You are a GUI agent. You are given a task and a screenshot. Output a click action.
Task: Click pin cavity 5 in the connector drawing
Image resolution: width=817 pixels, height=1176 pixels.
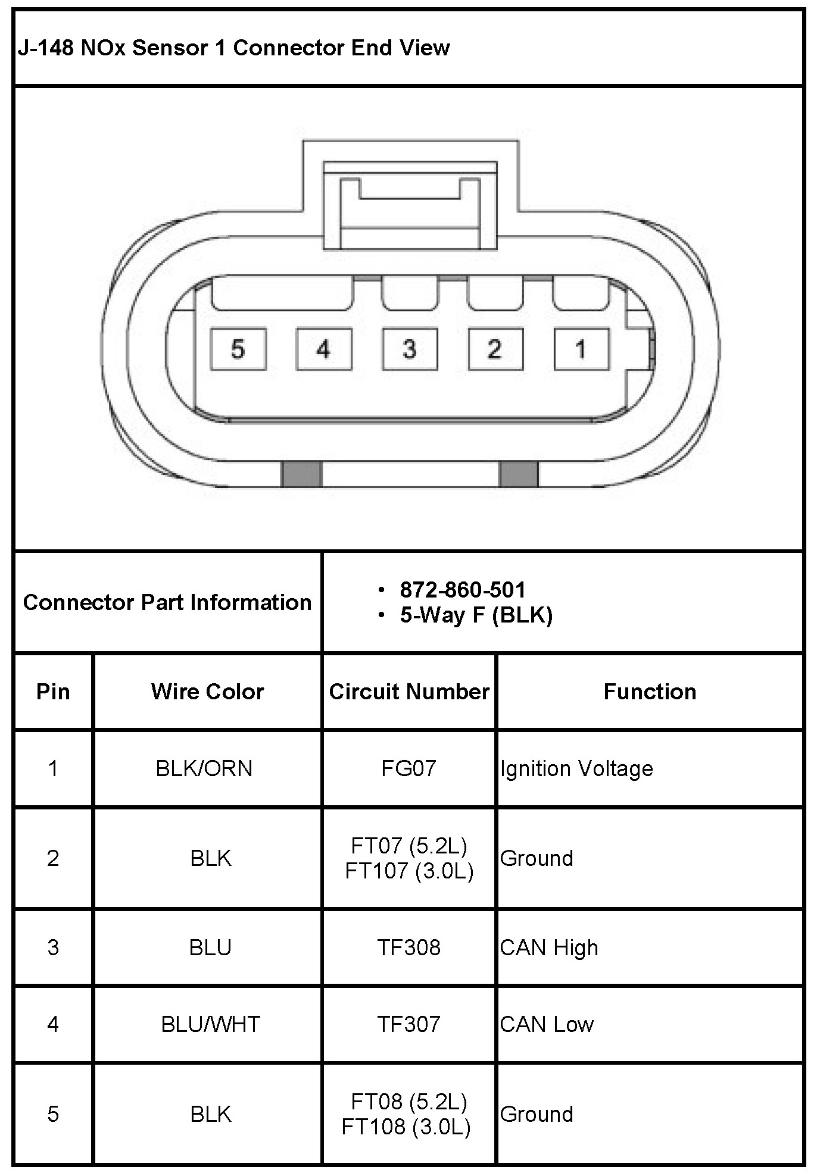pyautogui.click(x=238, y=349)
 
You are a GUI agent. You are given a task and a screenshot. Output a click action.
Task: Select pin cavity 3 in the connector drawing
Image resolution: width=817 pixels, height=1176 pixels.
pyautogui.click(x=410, y=349)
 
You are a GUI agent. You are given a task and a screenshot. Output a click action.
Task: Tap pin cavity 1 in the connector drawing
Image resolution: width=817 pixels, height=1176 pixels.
pyautogui.click(x=581, y=349)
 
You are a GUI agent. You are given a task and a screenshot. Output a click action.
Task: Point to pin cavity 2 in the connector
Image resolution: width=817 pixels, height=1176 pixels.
pyautogui.click(x=495, y=349)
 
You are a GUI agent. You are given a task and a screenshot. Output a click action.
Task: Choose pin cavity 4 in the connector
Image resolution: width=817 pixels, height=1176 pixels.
pyautogui.click(x=324, y=349)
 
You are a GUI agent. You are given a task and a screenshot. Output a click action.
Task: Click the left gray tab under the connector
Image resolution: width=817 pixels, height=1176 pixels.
pyautogui.click(x=301, y=474)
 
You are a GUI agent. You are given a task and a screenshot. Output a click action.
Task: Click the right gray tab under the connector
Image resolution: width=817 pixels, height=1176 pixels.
pyautogui.click(x=518, y=474)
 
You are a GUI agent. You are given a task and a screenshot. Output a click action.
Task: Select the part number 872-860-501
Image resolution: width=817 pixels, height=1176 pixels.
pyautogui.click(x=463, y=590)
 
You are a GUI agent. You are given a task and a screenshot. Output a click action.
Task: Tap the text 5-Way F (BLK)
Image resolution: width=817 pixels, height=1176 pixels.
pyautogui.click(x=476, y=615)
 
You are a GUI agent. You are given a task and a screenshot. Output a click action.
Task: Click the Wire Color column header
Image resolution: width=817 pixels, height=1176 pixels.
pyautogui.click(x=207, y=692)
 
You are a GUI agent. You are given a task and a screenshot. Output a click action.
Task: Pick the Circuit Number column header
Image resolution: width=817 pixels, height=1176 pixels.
pyautogui.click(x=409, y=692)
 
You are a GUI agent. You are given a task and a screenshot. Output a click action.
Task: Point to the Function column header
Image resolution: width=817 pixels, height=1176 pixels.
pyautogui.click(x=650, y=692)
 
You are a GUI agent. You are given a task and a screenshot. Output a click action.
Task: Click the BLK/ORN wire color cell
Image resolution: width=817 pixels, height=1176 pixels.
pyautogui.click(x=204, y=768)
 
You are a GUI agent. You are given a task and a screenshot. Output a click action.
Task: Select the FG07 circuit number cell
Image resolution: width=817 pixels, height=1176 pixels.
pyautogui.click(x=409, y=768)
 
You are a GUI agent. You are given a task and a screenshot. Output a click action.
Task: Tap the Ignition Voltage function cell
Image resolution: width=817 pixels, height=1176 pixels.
pyautogui.click(x=576, y=768)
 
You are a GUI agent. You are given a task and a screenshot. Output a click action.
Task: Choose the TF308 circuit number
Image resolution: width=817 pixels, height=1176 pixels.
pyautogui.click(x=409, y=947)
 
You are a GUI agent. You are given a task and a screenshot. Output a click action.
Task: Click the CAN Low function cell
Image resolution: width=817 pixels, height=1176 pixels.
pyautogui.click(x=547, y=1024)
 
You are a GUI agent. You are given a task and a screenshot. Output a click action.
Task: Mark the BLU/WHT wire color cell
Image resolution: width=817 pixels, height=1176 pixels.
pyautogui.click(x=210, y=1024)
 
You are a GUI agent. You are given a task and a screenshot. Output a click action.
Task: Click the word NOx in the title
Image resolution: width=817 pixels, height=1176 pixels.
pyautogui.click(x=103, y=48)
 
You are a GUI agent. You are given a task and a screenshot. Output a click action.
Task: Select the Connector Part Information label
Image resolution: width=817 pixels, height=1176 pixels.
pyautogui.click(x=167, y=602)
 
